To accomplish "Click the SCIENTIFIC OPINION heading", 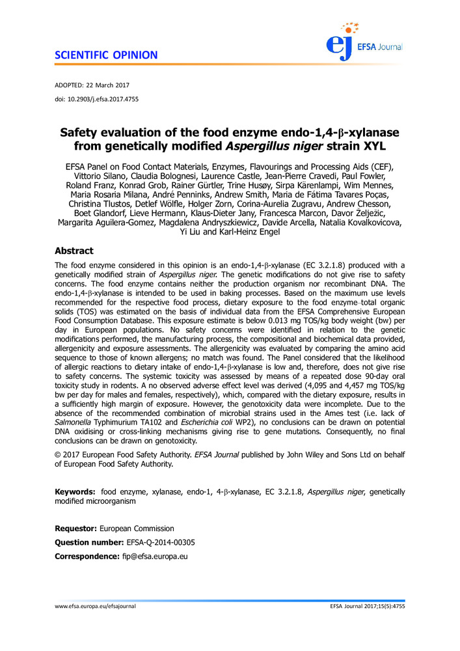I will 106,55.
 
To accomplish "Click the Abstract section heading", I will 74,251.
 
